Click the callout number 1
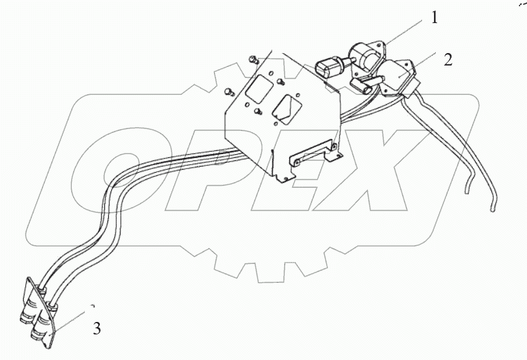tap(434, 19)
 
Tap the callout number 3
tap(97, 328)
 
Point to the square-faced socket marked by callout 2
tap(398, 76)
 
